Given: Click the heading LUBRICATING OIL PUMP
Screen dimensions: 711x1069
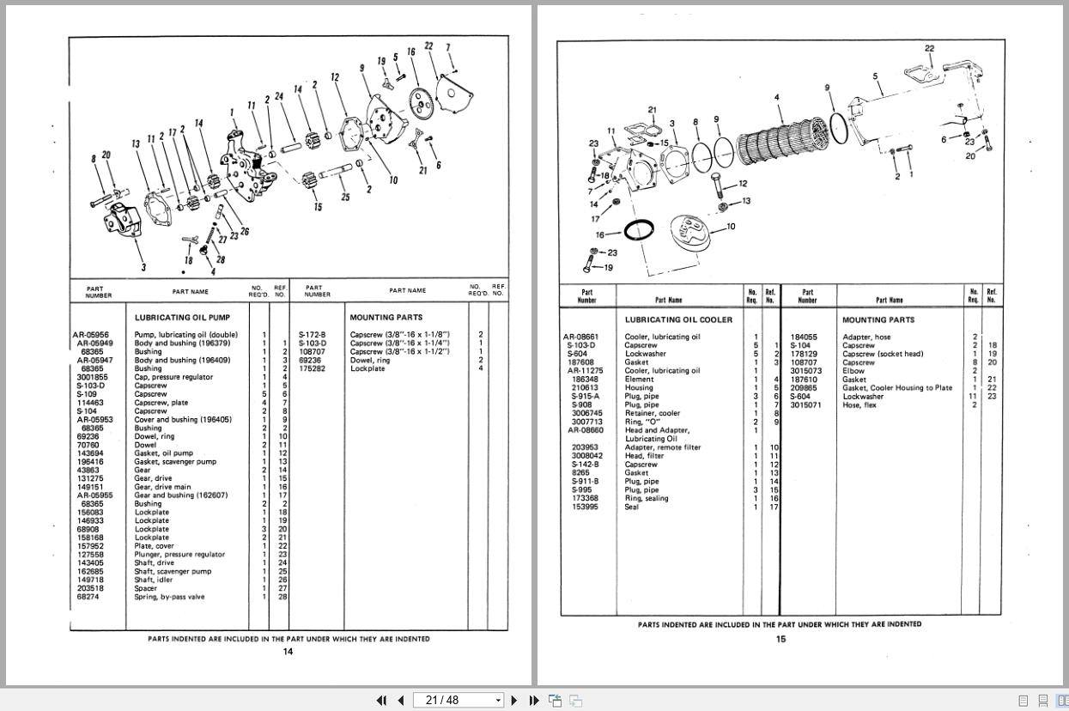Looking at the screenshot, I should (x=182, y=318).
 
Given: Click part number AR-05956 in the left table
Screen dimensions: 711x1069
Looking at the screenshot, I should (x=93, y=335).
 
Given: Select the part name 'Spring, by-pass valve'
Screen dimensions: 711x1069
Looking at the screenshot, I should (x=169, y=597).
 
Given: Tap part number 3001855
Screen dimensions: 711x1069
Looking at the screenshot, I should (x=92, y=377).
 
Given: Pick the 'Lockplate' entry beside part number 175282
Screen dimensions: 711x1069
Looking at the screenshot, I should (x=367, y=368).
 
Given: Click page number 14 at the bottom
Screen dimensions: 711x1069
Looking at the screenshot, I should (x=289, y=652).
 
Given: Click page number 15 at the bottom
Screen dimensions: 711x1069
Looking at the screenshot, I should (x=780, y=639).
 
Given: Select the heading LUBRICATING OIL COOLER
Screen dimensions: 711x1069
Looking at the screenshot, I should (x=678, y=319).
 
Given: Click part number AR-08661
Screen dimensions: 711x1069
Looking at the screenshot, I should (x=581, y=337).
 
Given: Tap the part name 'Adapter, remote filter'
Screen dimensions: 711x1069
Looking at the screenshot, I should (x=662, y=447).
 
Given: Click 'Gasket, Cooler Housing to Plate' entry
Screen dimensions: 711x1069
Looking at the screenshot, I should (x=896, y=388).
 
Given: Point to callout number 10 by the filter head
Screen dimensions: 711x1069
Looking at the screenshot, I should (x=731, y=227).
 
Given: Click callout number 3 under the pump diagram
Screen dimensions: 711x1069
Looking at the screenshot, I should (x=143, y=267).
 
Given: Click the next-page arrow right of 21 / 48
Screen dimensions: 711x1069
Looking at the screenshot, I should (x=514, y=700).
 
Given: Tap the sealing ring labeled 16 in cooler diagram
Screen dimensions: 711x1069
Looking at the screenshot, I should (x=639, y=230).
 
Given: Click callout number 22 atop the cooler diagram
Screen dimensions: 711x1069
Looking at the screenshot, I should (x=929, y=48).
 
